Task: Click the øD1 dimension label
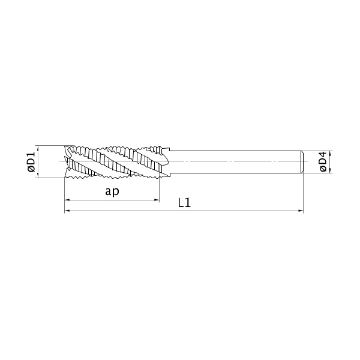click(x=31, y=161)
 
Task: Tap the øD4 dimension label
click(x=323, y=161)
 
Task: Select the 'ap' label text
click(x=112, y=191)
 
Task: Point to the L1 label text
click(x=185, y=203)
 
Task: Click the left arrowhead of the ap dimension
click(x=67, y=200)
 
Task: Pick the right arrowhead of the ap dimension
click(x=157, y=200)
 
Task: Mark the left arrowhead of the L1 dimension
click(x=67, y=211)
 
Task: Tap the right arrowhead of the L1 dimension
click(x=301, y=211)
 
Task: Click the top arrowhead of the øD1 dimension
click(x=38, y=148)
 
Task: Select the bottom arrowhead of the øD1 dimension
click(x=38, y=175)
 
